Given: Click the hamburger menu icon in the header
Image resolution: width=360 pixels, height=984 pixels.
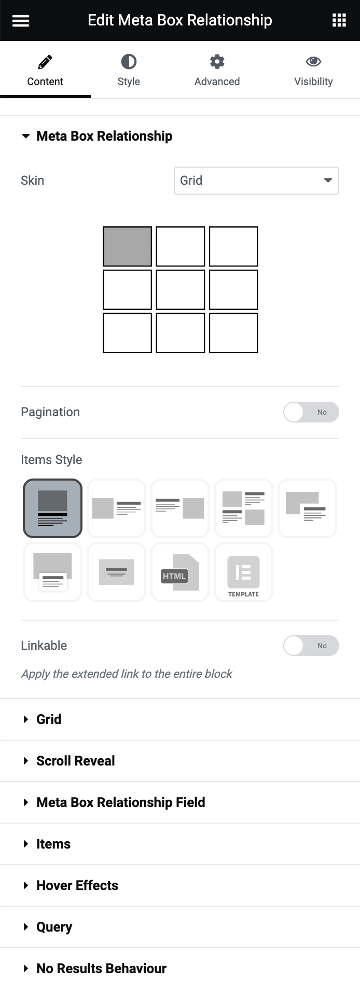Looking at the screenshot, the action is pyautogui.click(x=21, y=20).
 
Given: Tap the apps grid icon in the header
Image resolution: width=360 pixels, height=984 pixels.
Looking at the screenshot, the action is pyautogui.click(x=339, y=20).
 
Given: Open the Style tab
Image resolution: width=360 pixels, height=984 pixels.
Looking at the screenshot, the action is pyautogui.click(x=129, y=70).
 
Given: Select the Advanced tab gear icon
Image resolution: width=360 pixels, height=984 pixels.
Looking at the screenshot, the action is pyautogui.click(x=217, y=62).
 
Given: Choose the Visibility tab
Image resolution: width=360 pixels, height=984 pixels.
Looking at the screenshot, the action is pyautogui.click(x=313, y=70).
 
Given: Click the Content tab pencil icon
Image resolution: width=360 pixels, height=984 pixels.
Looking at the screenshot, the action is pyautogui.click(x=45, y=62).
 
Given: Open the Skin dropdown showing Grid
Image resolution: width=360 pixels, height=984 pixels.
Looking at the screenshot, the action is pyautogui.click(x=256, y=181).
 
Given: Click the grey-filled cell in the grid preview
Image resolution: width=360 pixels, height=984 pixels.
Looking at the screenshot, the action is pyautogui.click(x=128, y=247).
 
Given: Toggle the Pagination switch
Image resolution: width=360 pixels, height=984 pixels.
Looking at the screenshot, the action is pyautogui.click(x=311, y=412).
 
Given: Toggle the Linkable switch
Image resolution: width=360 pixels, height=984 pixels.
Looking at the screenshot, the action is pyautogui.click(x=311, y=646).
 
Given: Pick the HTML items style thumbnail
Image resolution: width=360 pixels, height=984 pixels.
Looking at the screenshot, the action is pyautogui.click(x=180, y=572).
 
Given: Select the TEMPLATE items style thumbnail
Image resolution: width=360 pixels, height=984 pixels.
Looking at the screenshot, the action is pyautogui.click(x=243, y=572).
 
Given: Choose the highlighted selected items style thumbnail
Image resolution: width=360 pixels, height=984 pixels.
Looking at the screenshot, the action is pyautogui.click(x=52, y=508).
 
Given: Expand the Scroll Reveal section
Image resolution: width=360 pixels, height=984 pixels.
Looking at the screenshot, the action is pyautogui.click(x=76, y=761).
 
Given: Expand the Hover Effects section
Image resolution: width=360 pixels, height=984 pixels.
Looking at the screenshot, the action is pyautogui.click(x=77, y=885).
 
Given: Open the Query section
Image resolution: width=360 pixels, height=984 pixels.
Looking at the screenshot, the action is pyautogui.click(x=54, y=927).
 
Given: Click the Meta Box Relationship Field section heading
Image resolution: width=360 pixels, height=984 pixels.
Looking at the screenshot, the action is pyautogui.click(x=121, y=802).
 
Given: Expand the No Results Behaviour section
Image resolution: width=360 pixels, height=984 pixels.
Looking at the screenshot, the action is pyautogui.click(x=101, y=968).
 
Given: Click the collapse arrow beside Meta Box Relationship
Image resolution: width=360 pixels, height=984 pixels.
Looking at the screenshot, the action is pyautogui.click(x=25, y=136).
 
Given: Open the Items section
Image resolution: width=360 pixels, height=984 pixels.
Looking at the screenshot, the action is pyautogui.click(x=53, y=844).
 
